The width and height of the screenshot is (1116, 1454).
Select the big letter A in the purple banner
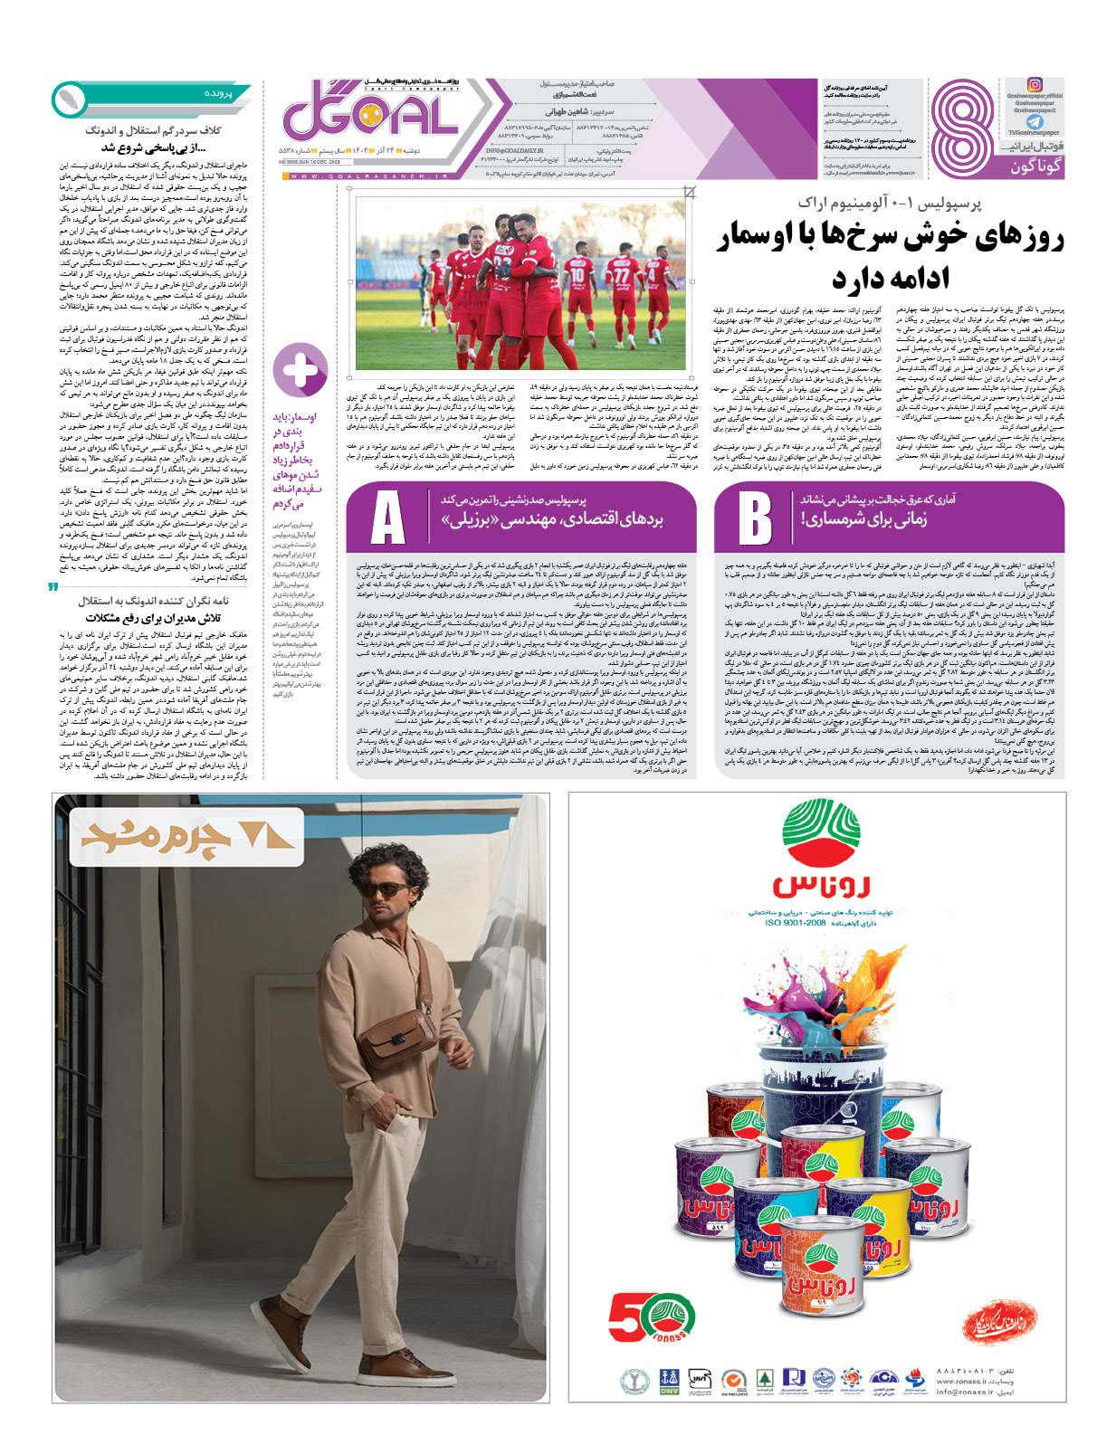(387, 518)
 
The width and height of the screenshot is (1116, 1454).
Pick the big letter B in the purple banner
(754, 518)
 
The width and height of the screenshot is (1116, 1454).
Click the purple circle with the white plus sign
(300, 368)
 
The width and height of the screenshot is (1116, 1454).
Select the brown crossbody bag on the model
(399, 1036)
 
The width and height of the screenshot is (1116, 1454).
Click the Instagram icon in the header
(1035, 85)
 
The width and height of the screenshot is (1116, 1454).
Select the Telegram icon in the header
(1035, 121)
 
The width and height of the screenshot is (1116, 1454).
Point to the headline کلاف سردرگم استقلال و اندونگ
(153, 130)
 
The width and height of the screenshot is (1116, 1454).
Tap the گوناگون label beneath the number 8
(1035, 166)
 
